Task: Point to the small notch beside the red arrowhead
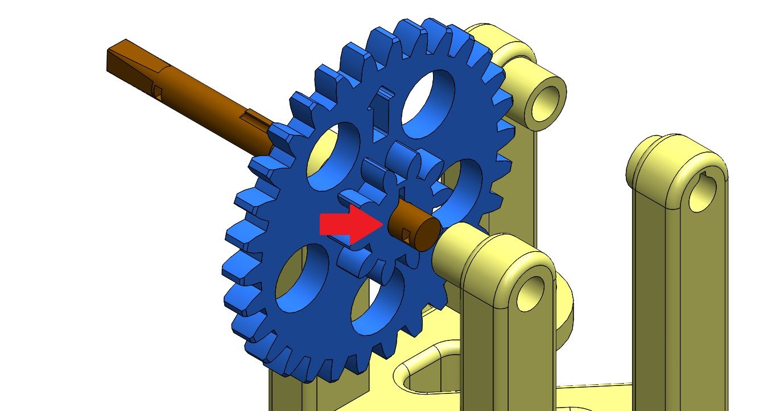click(405, 233)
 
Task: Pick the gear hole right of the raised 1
click(428, 103)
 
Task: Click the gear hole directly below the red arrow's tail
click(302, 279)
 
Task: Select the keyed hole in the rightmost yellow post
click(704, 191)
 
